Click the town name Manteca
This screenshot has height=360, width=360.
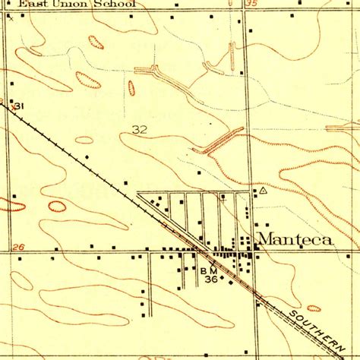pos(295,240)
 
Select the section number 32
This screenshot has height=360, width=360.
pos(138,130)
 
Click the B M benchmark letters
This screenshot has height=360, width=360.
pos(210,270)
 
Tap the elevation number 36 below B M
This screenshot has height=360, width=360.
pos(211,279)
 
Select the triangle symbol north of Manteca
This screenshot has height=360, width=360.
pos(263,191)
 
